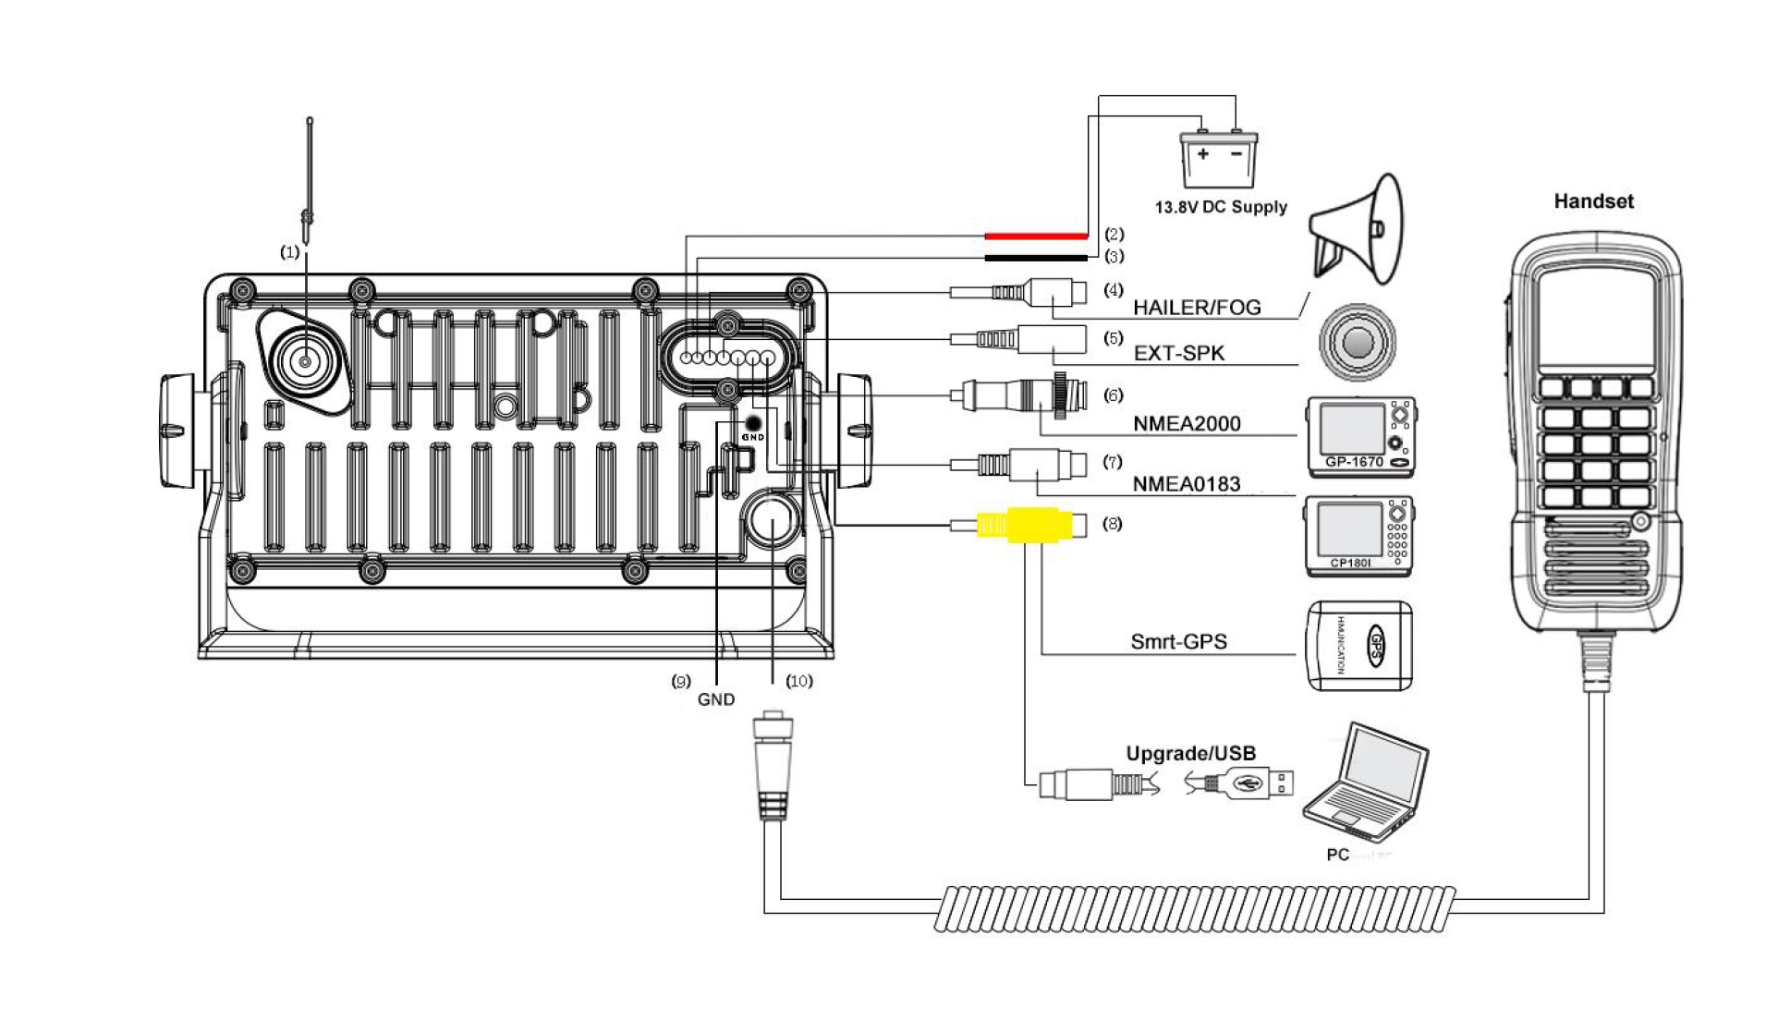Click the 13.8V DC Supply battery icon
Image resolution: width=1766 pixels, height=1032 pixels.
(1218, 159)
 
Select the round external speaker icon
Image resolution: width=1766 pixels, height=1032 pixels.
(1357, 343)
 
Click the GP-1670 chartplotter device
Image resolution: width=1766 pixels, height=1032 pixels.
(1360, 437)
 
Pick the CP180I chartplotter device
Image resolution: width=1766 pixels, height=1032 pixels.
(1358, 536)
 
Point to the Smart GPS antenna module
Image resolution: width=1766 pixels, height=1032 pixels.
(1358, 645)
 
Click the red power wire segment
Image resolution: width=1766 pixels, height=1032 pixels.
(1035, 237)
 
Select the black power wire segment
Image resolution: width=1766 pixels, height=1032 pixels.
(1035, 258)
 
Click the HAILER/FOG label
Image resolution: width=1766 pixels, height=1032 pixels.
(1197, 308)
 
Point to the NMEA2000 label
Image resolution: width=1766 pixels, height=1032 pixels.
(1187, 424)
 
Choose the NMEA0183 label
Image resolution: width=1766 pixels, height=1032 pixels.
(1187, 484)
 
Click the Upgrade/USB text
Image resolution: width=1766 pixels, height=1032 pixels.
(1190, 754)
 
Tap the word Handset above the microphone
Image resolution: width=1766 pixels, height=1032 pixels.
(1593, 201)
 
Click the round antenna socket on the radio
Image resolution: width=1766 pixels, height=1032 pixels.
(304, 361)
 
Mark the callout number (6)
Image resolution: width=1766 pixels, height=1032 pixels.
(1114, 395)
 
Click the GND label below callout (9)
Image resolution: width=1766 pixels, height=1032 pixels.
(716, 699)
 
